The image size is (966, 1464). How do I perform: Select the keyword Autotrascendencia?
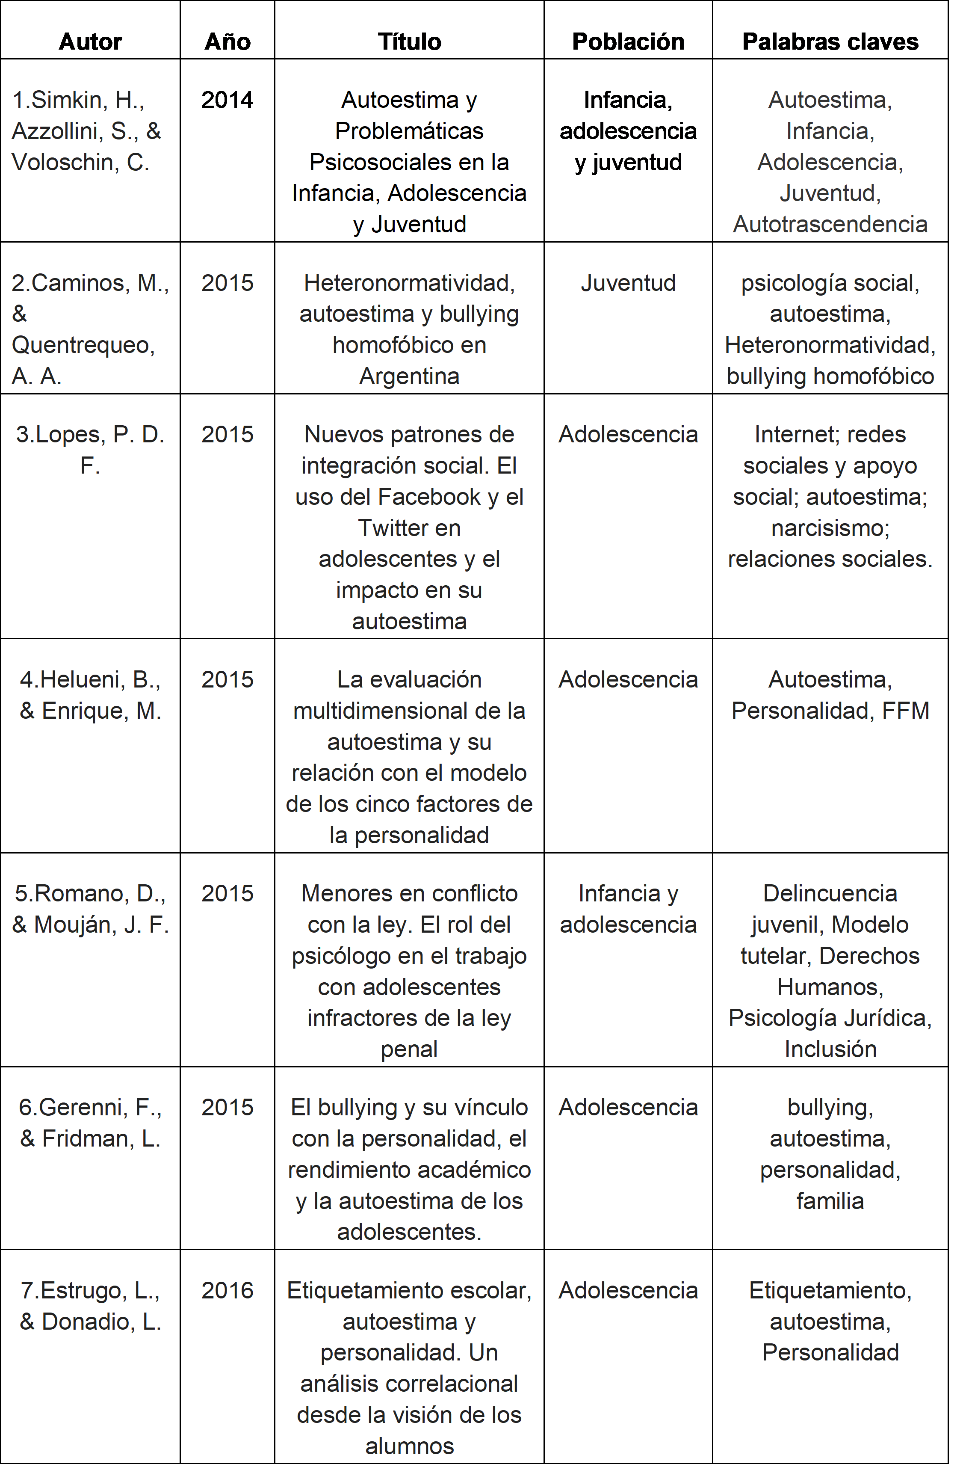pos(830,224)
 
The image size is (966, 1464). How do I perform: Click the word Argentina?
pos(409,376)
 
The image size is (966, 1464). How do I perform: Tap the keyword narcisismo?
pos(830,528)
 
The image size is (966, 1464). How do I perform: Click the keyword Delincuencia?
pos(830,893)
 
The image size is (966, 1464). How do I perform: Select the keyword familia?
pos(830,1201)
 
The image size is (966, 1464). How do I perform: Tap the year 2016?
pos(227,1291)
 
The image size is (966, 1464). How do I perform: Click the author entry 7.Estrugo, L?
pos(90,1291)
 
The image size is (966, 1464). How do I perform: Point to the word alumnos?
pos(409,1446)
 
